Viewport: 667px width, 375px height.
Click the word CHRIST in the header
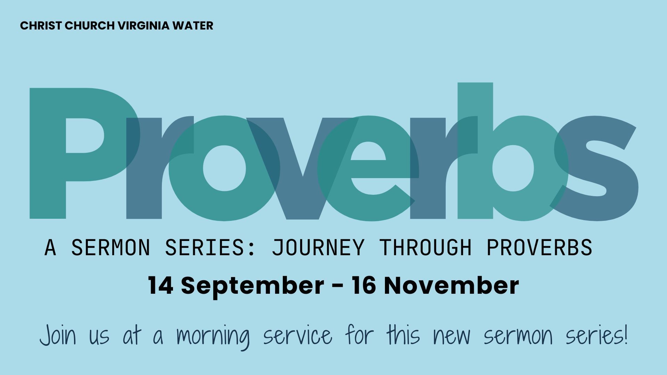[41, 26]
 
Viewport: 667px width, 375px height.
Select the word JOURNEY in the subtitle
[318, 248]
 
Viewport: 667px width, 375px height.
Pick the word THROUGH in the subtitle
[425, 248]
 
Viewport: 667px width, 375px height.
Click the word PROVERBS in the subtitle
[539, 248]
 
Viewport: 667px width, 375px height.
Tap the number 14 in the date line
[160, 285]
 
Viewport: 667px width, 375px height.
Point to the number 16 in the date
[364, 285]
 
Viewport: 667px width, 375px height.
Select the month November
[451, 285]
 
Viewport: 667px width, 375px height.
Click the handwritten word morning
[213, 337]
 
